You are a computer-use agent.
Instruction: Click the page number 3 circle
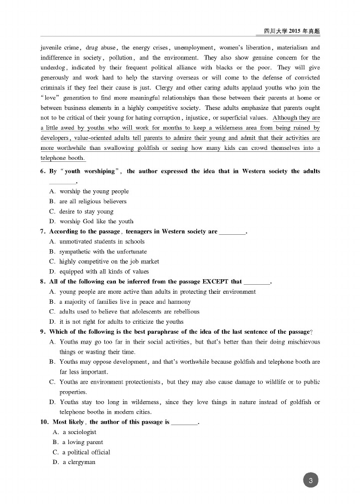click(x=311, y=481)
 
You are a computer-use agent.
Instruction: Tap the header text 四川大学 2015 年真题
click(x=292, y=31)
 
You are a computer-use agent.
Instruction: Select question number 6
click(x=43, y=171)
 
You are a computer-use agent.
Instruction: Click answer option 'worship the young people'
click(x=94, y=191)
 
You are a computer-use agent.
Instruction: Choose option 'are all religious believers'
click(x=93, y=201)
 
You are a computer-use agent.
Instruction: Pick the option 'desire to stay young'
click(x=86, y=211)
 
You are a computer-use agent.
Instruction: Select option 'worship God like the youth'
click(x=96, y=221)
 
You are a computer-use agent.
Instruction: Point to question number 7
click(x=43, y=231)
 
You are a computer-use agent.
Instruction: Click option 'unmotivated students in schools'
click(x=102, y=241)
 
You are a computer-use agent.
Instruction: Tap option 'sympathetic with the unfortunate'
click(x=103, y=252)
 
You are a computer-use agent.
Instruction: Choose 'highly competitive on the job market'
click(x=109, y=261)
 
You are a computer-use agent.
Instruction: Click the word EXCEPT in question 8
click(x=215, y=282)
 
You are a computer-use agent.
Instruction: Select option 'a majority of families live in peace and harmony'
click(x=125, y=302)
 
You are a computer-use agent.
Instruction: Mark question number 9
click(x=43, y=332)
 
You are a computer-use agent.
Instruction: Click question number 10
click(x=44, y=422)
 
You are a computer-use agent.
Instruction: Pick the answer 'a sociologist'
click(x=79, y=432)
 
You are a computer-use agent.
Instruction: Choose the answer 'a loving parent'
click(x=82, y=442)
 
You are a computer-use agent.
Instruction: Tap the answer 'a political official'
click(x=86, y=452)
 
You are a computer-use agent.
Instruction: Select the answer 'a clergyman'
click(x=79, y=462)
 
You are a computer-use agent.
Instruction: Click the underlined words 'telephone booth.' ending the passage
click(x=63, y=158)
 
